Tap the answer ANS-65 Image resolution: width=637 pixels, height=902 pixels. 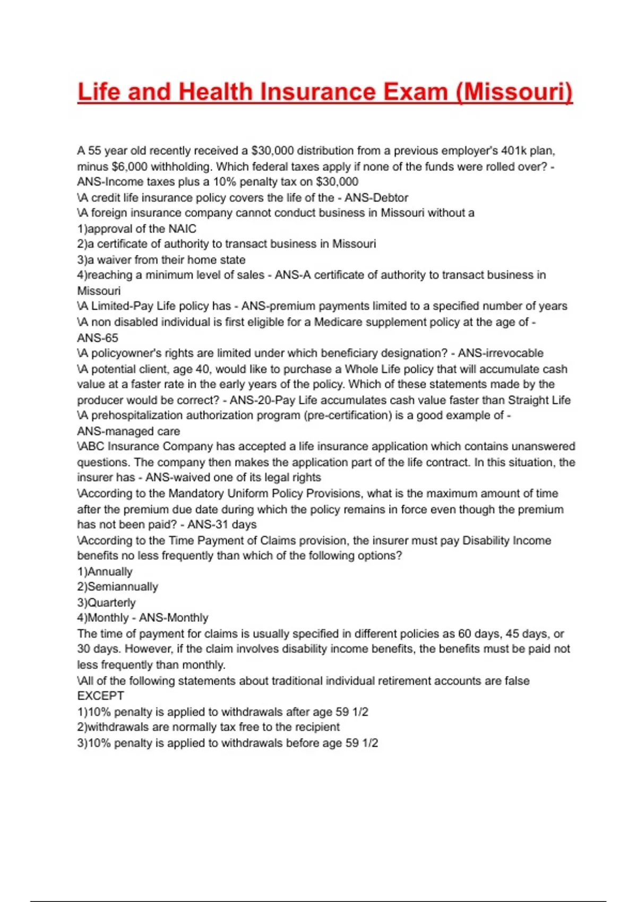click(x=98, y=338)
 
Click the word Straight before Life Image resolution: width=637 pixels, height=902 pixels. click(x=529, y=400)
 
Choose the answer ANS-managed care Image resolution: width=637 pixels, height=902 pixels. click(x=128, y=431)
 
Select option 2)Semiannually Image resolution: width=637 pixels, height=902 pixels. click(x=118, y=587)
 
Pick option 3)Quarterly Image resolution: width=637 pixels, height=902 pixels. click(x=107, y=603)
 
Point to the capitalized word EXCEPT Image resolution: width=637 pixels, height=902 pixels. click(x=100, y=696)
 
